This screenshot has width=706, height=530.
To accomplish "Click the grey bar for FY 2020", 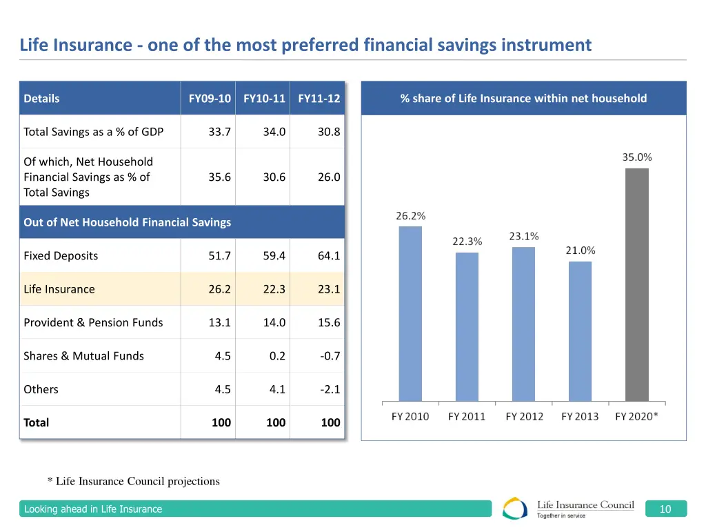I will pos(636,284).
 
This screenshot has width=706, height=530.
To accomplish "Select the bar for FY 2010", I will pos(410,313).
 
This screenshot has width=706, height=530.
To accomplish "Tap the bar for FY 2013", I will pos(580,331).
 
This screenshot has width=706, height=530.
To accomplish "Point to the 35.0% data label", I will pos(636,157).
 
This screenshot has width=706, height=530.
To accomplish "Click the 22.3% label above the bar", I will pos(467,242).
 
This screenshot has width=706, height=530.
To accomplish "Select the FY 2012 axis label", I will pos(524,417).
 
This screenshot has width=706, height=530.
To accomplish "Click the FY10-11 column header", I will pos(264,99).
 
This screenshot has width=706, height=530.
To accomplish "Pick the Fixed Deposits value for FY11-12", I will pos(329,256).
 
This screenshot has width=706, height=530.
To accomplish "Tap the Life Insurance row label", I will pos(59,289).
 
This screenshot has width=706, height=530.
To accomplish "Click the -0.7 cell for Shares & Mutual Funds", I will pos(330,356).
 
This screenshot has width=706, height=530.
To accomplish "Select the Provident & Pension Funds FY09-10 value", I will pos(219,322).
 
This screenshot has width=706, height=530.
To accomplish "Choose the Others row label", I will pos(41,389).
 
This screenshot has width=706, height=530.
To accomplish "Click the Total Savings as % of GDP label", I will pos(93,132).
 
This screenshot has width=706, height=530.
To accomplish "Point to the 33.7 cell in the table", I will pos(219,132).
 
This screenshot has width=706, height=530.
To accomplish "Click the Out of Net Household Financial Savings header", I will pos(127,222).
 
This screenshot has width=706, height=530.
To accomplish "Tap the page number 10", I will pos(665,509).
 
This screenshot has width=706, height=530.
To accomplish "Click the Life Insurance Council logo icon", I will pos(515,509).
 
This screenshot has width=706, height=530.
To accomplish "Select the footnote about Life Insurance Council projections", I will pos(133,481).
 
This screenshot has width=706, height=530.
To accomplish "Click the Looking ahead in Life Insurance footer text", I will pos(93,509).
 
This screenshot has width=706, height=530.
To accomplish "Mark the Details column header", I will pos(41,99).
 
